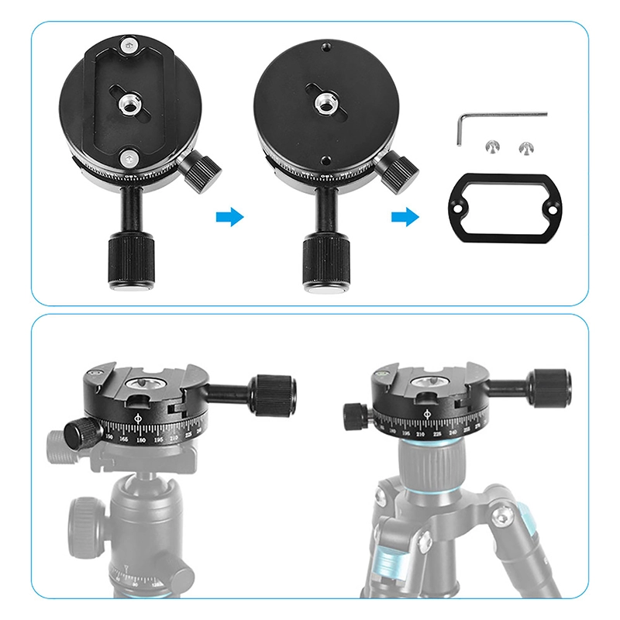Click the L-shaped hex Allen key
pyautogui.click(x=504, y=115)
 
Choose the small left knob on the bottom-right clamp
pyautogui.click(x=357, y=415)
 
